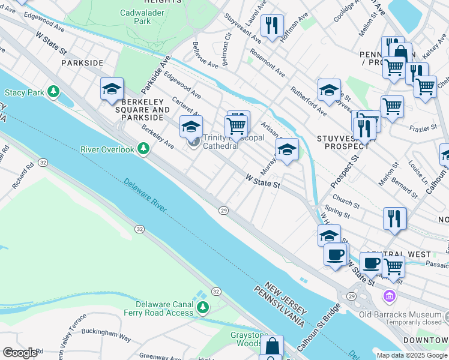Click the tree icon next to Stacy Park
[54, 92]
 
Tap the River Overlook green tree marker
[143, 148]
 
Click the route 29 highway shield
[223, 210]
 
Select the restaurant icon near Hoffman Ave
[272, 25]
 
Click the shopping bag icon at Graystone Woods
[272, 346]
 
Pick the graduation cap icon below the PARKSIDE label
[112, 89]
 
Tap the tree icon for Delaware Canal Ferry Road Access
[203, 308]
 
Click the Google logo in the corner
[20, 353]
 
